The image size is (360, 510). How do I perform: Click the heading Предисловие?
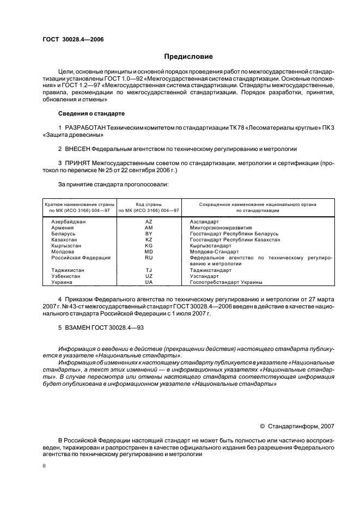pyautogui.click(x=188, y=56)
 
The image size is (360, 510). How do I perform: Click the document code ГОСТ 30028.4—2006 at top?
pyautogui.click(x=72, y=40)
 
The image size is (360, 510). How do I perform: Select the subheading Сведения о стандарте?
pyautogui.click(x=91, y=113)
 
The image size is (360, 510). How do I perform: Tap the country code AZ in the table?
pyautogui.click(x=149, y=222)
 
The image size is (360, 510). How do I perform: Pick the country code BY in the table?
pyautogui.click(x=149, y=234)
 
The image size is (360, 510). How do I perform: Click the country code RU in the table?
pyautogui.click(x=149, y=258)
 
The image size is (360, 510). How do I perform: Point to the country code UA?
pyautogui.click(x=149, y=282)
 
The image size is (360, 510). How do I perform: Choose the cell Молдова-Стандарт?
pyautogui.click(x=214, y=252)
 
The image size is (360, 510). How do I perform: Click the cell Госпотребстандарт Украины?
pyautogui.click(x=226, y=282)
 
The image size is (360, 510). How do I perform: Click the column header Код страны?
pyautogui.click(x=149, y=204)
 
